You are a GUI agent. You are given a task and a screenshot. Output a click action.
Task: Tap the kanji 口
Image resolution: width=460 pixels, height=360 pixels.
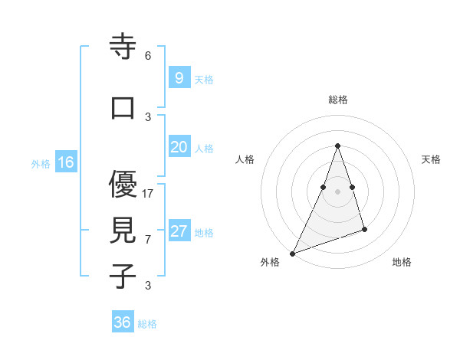tap(123, 108)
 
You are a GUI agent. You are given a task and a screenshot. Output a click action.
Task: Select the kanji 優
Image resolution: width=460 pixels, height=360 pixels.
tap(123, 184)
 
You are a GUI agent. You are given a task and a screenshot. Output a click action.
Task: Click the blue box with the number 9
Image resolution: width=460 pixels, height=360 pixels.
tap(179, 77)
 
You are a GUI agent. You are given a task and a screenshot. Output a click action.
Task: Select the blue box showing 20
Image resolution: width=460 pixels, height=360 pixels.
tap(179, 148)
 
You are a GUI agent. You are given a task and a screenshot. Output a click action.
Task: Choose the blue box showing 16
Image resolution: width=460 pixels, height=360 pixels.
tap(66, 162)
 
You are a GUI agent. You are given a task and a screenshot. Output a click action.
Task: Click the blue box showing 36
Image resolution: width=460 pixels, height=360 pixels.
tap(123, 322)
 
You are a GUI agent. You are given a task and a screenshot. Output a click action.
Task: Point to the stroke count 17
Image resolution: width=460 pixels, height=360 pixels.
tap(148, 194)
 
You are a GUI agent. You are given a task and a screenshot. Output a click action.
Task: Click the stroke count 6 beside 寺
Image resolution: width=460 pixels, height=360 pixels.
tap(148, 56)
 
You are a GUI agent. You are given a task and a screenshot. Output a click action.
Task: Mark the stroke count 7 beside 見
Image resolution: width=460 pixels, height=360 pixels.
tap(148, 240)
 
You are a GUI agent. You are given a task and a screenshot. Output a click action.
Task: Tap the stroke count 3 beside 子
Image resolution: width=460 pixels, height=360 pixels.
tap(148, 286)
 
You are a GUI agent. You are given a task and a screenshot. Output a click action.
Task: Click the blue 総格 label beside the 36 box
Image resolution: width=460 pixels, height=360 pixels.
tap(147, 324)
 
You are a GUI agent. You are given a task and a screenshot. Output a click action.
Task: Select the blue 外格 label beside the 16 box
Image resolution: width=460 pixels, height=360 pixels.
tap(41, 164)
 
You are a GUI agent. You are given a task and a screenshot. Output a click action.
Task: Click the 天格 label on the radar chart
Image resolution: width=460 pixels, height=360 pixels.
tap(432, 159)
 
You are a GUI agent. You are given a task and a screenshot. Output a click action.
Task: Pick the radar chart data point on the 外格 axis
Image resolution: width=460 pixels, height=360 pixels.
tap(292, 254)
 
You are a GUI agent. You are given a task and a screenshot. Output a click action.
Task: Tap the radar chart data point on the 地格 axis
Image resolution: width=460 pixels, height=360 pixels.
tap(365, 229)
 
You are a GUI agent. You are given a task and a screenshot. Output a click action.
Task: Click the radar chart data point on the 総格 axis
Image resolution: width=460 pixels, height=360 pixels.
tap(337, 146)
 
